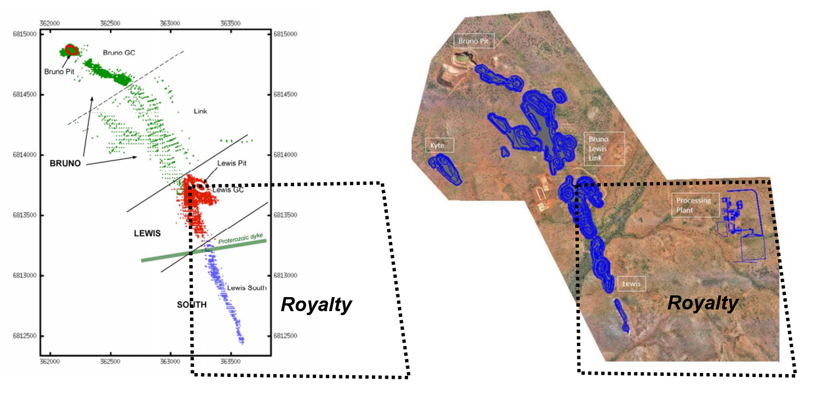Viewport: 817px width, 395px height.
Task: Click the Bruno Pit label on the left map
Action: (x=59, y=71)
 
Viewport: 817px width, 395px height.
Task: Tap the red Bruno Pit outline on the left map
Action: (x=71, y=49)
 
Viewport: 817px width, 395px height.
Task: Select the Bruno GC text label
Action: (x=119, y=53)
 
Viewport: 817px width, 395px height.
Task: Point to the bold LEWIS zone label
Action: (x=148, y=232)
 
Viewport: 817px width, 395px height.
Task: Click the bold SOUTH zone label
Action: (x=192, y=305)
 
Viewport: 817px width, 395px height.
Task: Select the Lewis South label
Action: (x=247, y=288)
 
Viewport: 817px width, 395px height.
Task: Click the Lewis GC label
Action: (x=228, y=190)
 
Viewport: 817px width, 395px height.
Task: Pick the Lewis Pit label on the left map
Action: (x=232, y=163)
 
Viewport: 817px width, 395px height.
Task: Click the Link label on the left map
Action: (x=200, y=111)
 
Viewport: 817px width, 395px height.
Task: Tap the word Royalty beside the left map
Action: (x=316, y=305)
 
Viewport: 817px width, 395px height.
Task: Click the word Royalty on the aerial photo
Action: (x=703, y=303)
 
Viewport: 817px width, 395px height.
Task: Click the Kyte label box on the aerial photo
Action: (x=437, y=145)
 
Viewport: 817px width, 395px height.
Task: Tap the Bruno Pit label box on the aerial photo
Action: (x=472, y=41)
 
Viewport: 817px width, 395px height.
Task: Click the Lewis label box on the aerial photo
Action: (x=632, y=284)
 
